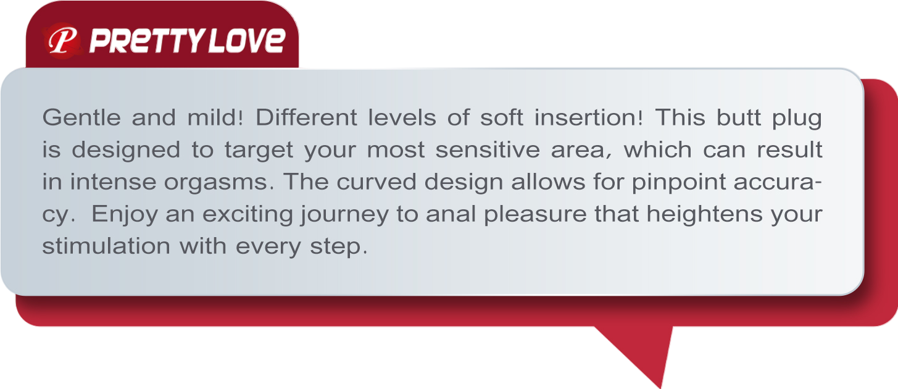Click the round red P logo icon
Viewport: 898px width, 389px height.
[x=62, y=41]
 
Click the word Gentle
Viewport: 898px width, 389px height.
[x=81, y=118]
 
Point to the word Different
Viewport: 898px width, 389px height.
[x=306, y=118]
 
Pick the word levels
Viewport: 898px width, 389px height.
[x=402, y=118]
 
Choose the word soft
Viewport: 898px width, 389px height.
[x=502, y=118]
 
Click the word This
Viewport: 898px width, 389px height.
[x=680, y=118]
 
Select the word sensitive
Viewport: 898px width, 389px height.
[x=488, y=150]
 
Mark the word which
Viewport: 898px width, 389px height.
[x=657, y=150]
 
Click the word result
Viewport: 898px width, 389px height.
[x=790, y=150]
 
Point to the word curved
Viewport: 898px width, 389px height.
[x=376, y=182]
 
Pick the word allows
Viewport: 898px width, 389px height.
[x=548, y=182]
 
